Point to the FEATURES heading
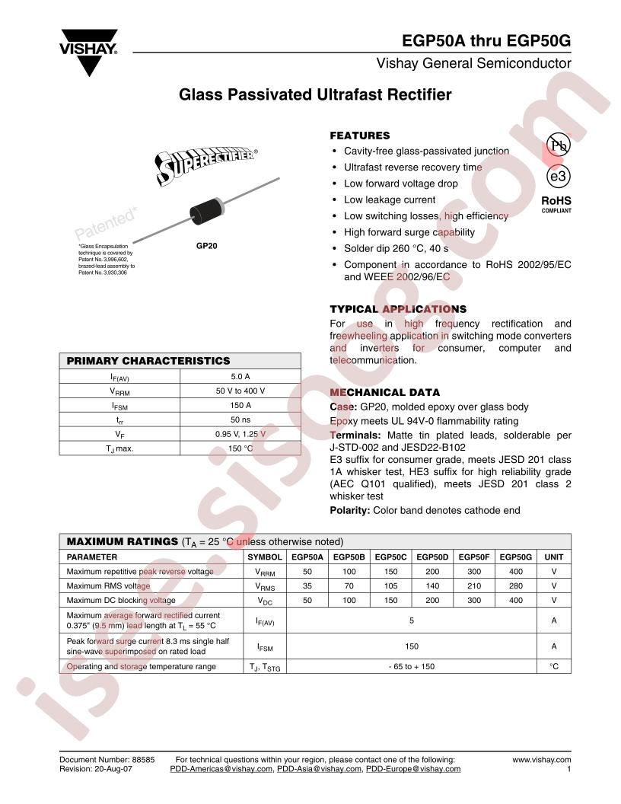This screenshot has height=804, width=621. click(359, 136)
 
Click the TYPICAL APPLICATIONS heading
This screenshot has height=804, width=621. click(398, 309)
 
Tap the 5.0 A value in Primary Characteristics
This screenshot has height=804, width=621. click(240, 376)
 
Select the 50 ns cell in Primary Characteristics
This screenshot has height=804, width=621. click(240, 420)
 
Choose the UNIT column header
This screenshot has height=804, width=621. click(554, 557)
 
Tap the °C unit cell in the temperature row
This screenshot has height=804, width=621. click(554, 666)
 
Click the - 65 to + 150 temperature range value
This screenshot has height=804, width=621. click(412, 666)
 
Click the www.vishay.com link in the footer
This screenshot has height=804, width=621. click(542, 759)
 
